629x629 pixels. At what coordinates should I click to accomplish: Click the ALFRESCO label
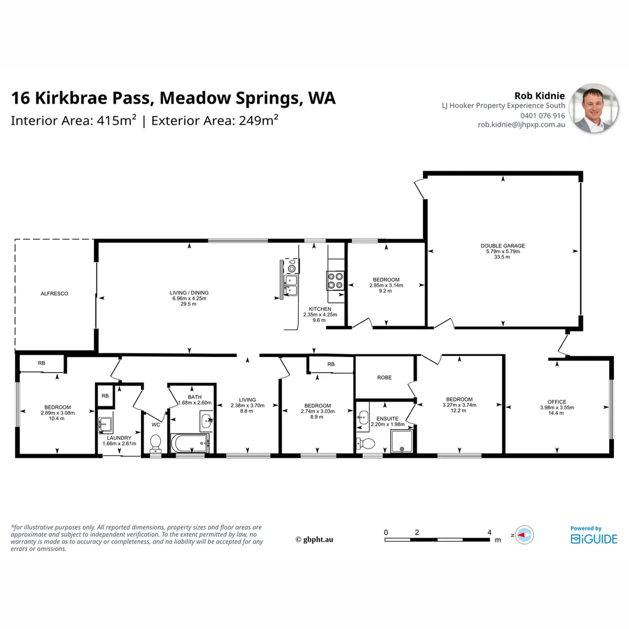coord(54,294)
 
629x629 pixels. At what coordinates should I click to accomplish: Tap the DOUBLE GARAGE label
coord(503,246)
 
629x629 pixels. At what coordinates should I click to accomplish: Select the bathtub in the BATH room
coord(190,443)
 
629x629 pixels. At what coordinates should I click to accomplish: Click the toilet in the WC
coord(156,444)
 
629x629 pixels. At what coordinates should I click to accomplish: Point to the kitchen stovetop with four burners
coord(335,281)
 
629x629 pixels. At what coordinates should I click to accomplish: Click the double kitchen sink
coord(291,285)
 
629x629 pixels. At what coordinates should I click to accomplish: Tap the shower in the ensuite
coord(401,441)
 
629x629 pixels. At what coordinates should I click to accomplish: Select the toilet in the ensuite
coord(365,443)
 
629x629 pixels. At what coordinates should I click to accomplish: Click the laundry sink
coord(105,423)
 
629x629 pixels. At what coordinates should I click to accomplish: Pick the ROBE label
coord(384,377)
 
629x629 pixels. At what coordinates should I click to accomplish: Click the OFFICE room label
coord(557,401)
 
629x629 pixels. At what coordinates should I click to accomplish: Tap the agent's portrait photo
coord(593,108)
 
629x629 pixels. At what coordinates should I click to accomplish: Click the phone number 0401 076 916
coord(542,115)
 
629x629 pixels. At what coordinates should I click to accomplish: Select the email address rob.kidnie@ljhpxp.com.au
coord(521,125)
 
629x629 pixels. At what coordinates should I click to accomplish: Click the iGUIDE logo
coord(593,539)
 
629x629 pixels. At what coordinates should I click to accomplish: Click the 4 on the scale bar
coord(489,532)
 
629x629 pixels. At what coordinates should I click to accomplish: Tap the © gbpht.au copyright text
coord(314,539)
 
